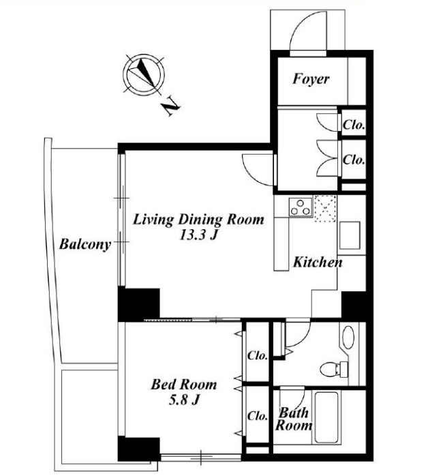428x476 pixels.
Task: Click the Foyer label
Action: (x=311, y=79)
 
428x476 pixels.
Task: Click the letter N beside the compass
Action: (x=171, y=106)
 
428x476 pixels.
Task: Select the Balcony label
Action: (x=85, y=244)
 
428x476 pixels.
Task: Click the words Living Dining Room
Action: (x=199, y=219)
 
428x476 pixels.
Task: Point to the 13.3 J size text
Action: (x=199, y=235)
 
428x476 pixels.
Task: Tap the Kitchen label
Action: (x=318, y=263)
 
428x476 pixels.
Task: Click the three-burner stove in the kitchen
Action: (x=301, y=207)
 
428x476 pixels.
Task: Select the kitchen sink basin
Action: (x=350, y=235)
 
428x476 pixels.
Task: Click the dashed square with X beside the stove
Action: (x=325, y=209)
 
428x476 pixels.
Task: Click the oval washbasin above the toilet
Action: (x=348, y=338)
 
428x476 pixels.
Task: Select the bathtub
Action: (x=326, y=417)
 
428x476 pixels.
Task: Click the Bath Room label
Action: (x=294, y=419)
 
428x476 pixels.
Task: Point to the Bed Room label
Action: (x=184, y=385)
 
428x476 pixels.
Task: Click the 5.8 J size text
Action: (x=184, y=400)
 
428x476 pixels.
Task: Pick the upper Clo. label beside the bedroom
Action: (x=258, y=355)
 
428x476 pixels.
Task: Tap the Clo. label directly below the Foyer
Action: (x=354, y=125)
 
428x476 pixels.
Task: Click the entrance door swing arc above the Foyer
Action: (x=303, y=23)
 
